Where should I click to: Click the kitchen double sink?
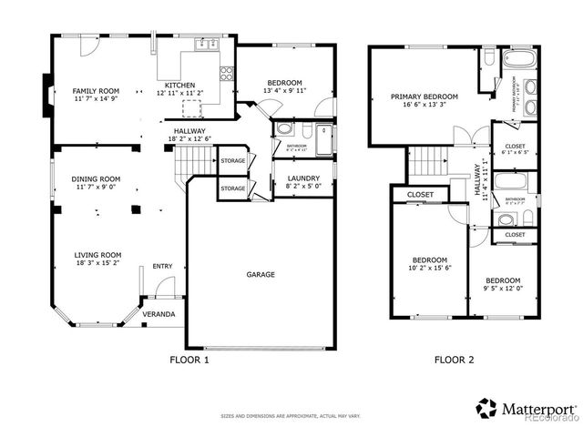(205, 43)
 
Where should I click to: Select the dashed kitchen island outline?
(191, 107)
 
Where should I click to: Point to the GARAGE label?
(260, 274)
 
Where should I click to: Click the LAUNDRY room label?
(302, 178)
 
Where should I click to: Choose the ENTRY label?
(162, 266)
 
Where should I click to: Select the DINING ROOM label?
(97, 178)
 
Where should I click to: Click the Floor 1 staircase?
(192, 164)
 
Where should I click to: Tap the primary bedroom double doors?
(465, 138)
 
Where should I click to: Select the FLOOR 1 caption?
(189, 360)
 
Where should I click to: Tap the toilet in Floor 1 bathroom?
(283, 129)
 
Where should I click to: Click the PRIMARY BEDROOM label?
(424, 96)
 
